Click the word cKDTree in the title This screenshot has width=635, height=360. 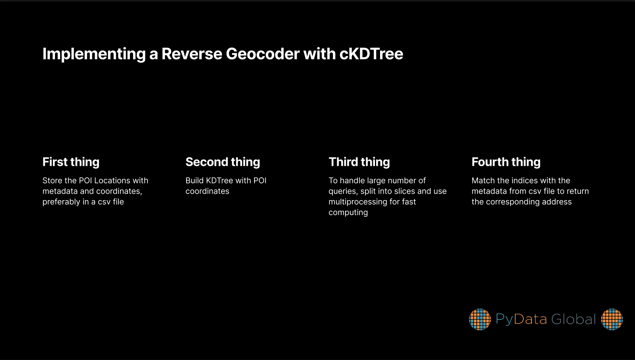pyautogui.click(x=371, y=54)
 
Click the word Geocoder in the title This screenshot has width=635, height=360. pyautogui.click(x=262, y=54)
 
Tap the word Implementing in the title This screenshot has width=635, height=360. pyautogui.click(x=94, y=54)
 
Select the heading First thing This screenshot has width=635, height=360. pyautogui.click(x=71, y=162)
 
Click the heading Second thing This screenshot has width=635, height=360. pyautogui.click(x=223, y=162)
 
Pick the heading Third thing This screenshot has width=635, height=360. pyautogui.click(x=359, y=162)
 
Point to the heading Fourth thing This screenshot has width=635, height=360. pyautogui.click(x=506, y=162)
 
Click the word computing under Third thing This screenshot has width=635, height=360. pyautogui.click(x=348, y=212)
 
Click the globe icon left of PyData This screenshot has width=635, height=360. pyautogui.click(x=480, y=319)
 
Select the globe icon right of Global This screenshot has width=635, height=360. pyautogui.click(x=612, y=319)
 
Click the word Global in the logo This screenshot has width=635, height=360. pyautogui.click(x=573, y=319)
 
